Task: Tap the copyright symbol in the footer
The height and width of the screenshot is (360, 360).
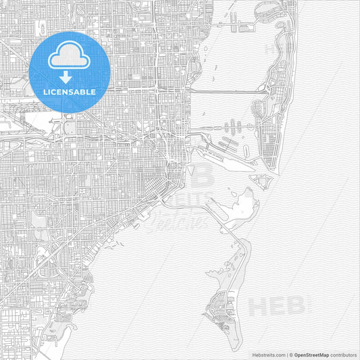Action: (x=291, y=354)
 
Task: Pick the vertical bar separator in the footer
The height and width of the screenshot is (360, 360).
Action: (x=286, y=354)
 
